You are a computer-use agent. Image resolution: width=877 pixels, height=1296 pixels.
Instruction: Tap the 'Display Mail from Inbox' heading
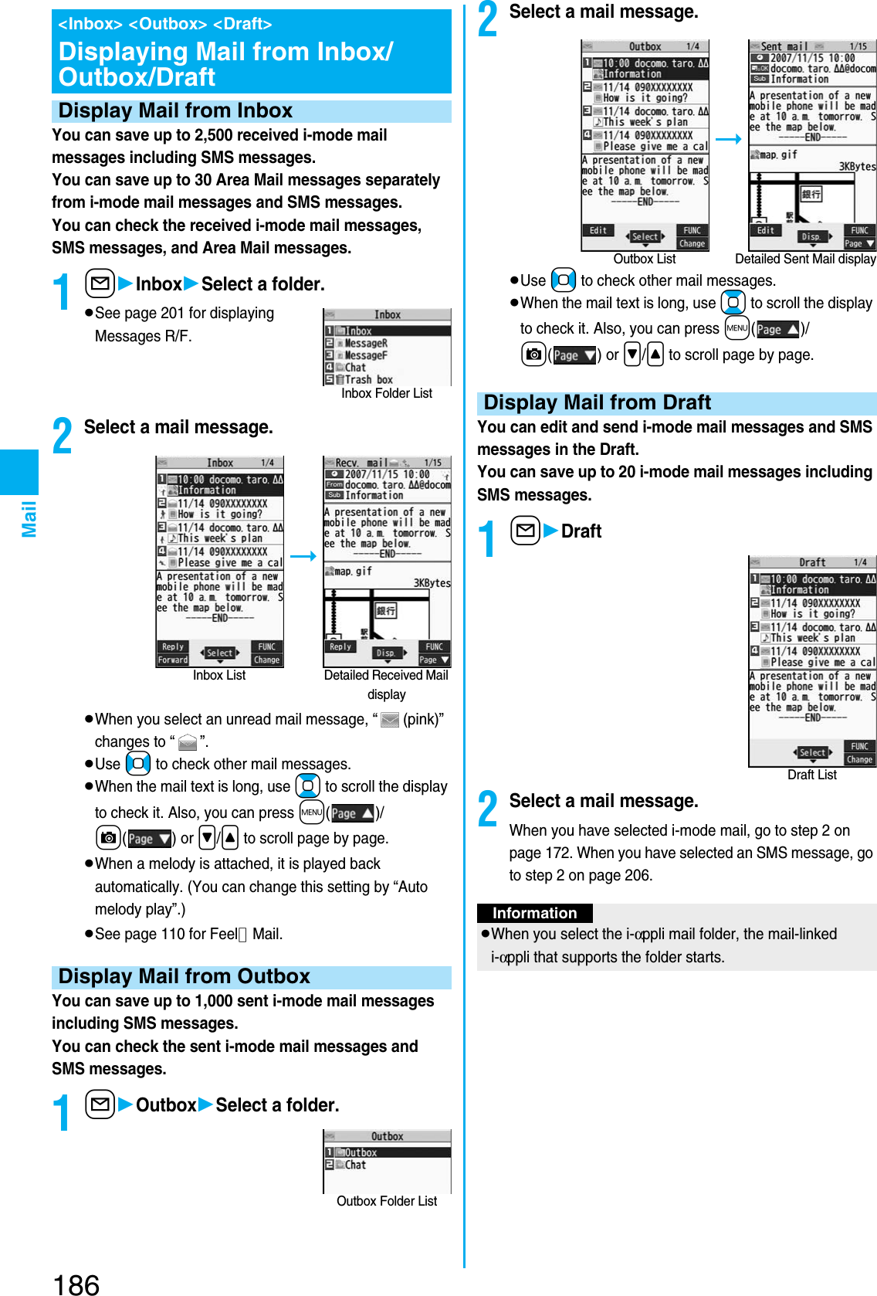point(175,111)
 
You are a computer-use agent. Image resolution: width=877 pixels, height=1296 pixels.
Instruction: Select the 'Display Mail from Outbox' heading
point(184,977)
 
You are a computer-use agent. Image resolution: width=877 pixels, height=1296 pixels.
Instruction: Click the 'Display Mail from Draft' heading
point(597,403)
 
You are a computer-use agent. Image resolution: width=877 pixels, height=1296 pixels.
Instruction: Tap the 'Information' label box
point(534,914)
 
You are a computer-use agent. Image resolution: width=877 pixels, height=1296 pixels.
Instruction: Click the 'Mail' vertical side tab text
point(29,518)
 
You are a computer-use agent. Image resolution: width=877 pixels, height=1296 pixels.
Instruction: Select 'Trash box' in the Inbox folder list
point(368,380)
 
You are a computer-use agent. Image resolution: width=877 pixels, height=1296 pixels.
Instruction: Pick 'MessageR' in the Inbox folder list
point(365,343)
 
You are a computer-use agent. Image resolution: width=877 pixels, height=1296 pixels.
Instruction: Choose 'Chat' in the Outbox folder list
point(355,1165)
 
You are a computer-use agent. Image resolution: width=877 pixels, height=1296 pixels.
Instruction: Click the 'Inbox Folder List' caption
point(387,394)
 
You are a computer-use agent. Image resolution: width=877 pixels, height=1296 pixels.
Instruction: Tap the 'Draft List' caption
point(811,775)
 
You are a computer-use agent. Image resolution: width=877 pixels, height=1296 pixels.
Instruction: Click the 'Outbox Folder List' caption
point(387,1201)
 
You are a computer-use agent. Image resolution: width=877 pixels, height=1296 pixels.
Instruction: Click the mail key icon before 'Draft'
point(525,531)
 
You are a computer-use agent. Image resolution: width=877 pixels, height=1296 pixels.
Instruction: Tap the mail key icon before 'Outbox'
point(100,1105)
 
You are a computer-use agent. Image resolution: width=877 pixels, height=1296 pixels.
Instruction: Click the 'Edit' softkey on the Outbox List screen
point(598,230)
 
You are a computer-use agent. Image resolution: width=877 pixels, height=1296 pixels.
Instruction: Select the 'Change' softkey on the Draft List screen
point(859,760)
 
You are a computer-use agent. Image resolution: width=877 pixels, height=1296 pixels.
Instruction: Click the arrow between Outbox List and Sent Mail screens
point(728,140)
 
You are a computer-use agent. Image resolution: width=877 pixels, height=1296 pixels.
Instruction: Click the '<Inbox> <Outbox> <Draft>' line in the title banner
point(165,24)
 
